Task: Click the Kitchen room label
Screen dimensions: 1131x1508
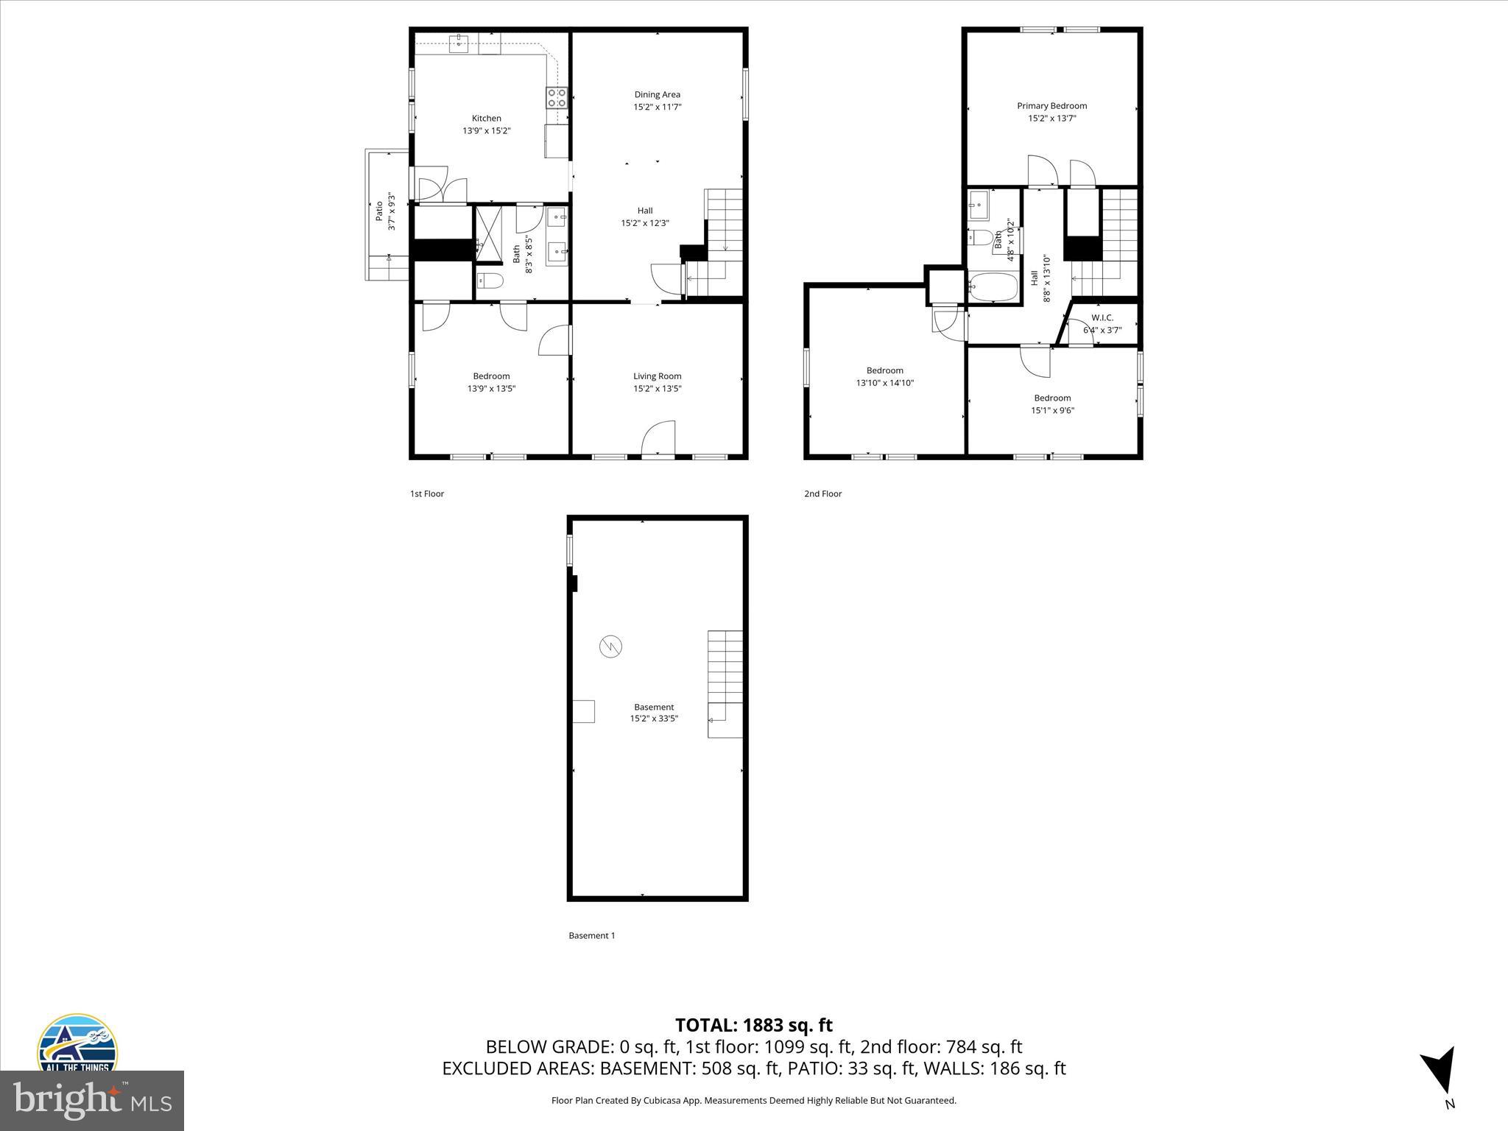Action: click(x=486, y=119)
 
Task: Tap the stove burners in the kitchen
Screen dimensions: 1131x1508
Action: click(x=557, y=98)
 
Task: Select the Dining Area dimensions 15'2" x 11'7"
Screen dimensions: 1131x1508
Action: click(x=657, y=107)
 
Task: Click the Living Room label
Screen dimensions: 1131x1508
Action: click(x=657, y=376)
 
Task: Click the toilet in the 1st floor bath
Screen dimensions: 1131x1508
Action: click(x=490, y=281)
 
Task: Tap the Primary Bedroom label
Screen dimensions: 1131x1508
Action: click(x=1051, y=106)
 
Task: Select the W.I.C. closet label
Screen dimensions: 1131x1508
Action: click(x=1102, y=318)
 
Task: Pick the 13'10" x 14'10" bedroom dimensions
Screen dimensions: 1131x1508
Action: click(x=884, y=383)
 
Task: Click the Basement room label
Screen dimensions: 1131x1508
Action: click(x=654, y=707)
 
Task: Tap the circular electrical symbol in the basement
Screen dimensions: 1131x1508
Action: click(x=610, y=646)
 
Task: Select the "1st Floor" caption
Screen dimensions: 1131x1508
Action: click(x=427, y=494)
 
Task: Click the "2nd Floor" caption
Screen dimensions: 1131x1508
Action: click(x=822, y=494)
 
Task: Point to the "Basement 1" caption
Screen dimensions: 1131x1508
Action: click(x=591, y=936)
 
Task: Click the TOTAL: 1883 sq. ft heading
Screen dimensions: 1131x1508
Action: click(x=753, y=1025)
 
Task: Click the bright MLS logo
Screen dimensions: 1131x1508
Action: click(x=92, y=1100)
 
